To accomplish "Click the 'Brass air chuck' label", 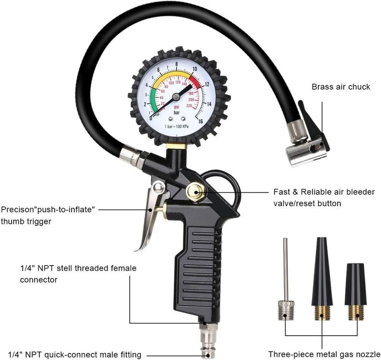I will coord(341,87).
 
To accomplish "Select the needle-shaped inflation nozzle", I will coord(286,282).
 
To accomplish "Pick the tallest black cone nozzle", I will coord(322,279).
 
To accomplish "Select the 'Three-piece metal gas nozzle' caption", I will coord(324,354).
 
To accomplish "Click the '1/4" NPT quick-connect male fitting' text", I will coord(75,354).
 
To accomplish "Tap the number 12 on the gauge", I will coord(207,84).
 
